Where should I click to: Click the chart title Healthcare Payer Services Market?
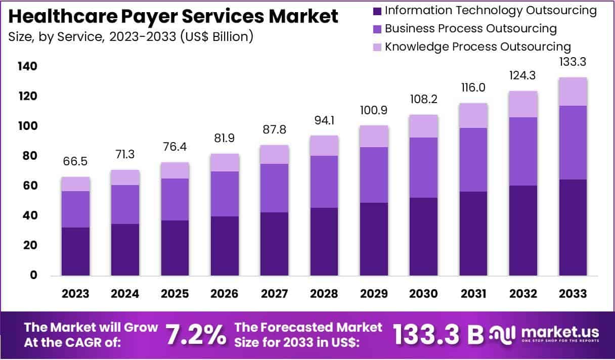[x=173, y=17]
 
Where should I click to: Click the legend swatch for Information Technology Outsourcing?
[x=377, y=10]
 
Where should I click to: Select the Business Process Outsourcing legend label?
[x=470, y=28]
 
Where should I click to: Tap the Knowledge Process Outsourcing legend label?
[x=477, y=47]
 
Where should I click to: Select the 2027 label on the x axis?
[x=275, y=294]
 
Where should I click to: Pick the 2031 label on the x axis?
[x=473, y=294]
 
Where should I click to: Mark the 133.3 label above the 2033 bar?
[x=573, y=63]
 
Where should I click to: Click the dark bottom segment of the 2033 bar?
[x=573, y=228]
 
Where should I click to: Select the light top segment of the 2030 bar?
[x=424, y=126]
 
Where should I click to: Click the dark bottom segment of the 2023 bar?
[x=76, y=251]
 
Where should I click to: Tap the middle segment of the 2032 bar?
[x=523, y=151]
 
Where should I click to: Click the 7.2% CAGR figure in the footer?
[x=196, y=334]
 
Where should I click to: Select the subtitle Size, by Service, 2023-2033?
[x=130, y=36]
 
